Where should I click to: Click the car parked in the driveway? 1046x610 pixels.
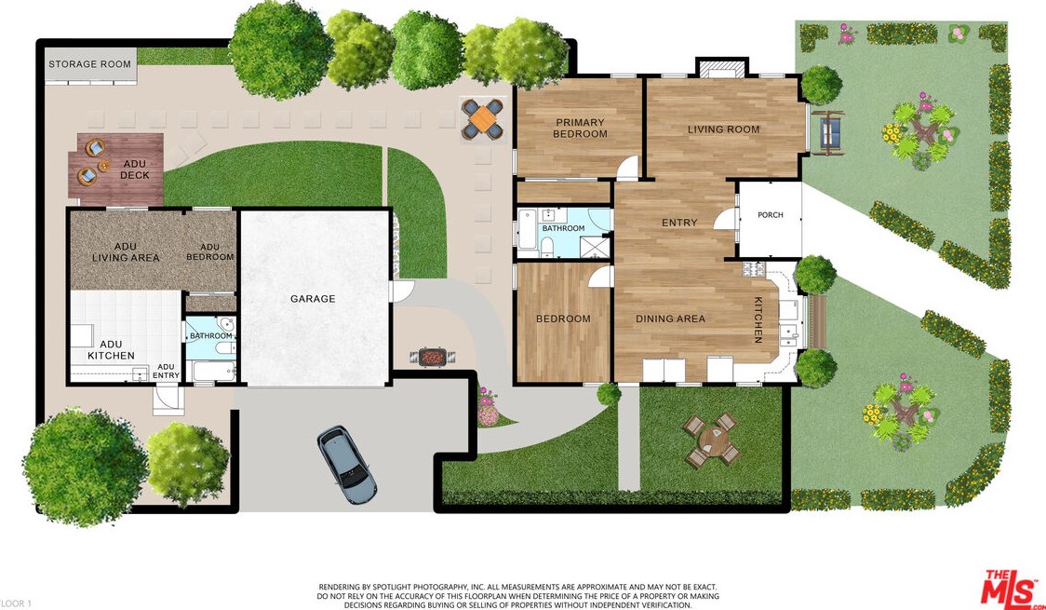click(x=347, y=465)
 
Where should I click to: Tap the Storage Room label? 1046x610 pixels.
click(x=89, y=64)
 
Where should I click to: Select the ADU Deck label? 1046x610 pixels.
click(x=134, y=169)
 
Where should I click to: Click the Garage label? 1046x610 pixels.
click(x=312, y=299)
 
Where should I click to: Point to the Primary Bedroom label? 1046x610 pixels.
click(x=581, y=129)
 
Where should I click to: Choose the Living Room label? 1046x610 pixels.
click(x=724, y=129)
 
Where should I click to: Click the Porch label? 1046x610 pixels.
click(x=771, y=215)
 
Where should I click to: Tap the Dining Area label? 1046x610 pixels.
click(x=670, y=319)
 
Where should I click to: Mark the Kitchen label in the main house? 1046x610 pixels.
click(x=758, y=319)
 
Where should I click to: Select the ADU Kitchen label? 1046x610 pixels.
click(x=111, y=350)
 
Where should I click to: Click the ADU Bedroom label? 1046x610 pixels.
click(x=210, y=252)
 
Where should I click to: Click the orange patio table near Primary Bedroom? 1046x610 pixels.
click(x=483, y=119)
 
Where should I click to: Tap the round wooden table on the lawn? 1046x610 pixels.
click(x=713, y=440)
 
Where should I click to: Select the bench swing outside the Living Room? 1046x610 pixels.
click(x=827, y=133)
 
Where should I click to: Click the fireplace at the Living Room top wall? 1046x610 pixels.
click(x=722, y=68)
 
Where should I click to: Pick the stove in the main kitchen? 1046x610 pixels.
click(x=754, y=269)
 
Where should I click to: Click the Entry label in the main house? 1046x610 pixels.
click(x=679, y=223)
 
